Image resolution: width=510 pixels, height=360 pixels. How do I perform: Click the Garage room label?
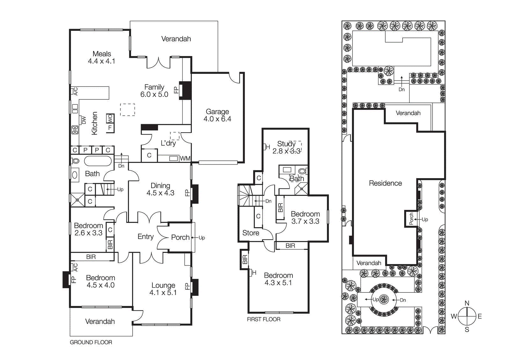point(217,112)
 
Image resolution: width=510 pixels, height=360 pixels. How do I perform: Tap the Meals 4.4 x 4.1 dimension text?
point(101,61)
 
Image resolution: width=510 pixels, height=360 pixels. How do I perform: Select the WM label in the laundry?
point(185,158)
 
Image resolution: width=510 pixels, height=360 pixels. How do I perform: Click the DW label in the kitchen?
point(84,120)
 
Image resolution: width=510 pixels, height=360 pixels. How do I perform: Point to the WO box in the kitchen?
point(110,119)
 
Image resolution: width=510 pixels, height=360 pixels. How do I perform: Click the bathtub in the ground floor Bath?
point(98,161)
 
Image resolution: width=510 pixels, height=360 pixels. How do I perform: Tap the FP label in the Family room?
point(176,90)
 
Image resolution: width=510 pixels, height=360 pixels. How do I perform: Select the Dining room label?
point(160,185)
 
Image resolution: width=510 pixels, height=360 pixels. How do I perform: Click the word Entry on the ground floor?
point(145,236)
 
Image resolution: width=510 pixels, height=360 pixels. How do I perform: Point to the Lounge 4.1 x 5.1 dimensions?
point(163,292)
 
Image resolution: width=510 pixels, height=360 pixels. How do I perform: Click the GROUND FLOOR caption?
point(91,342)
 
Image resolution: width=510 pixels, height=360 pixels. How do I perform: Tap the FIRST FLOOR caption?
point(264,319)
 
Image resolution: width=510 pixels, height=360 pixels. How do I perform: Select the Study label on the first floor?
point(286,144)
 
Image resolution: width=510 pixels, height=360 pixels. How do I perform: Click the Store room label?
point(251,233)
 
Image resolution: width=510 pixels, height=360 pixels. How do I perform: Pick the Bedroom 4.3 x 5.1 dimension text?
point(278,283)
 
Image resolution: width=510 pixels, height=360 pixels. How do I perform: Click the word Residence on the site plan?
point(385,183)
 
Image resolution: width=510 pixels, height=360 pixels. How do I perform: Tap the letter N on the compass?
point(467,303)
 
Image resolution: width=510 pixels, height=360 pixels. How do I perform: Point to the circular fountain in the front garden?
point(384,299)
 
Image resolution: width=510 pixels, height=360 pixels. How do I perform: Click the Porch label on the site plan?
point(411,219)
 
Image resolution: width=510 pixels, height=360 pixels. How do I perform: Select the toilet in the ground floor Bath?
point(75,161)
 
